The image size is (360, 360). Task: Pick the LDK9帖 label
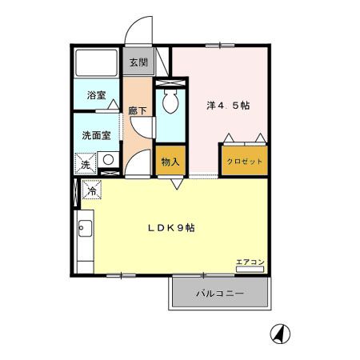[170, 227]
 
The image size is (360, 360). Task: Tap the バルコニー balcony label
[220, 294]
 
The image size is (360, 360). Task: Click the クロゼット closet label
[244, 161]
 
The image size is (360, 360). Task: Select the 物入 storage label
[170, 162]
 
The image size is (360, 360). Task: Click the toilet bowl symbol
[170, 102]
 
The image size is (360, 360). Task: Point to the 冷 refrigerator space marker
[93, 191]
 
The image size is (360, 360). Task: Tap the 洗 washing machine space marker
[85, 164]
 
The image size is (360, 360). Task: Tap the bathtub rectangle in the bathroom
[96, 63]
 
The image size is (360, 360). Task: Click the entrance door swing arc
[138, 32]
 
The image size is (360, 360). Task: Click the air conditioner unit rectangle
[249, 270]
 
